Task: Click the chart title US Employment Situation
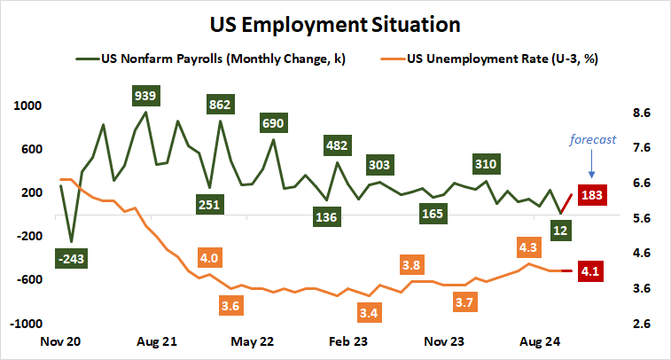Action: pos(335,22)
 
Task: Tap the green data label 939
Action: pos(145,94)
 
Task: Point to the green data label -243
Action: pos(72,258)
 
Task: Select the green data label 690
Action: pos(273,122)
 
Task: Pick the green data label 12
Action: pos(560,231)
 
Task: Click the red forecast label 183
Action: pos(590,194)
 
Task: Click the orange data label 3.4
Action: pos(371,312)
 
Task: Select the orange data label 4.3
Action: pos(528,247)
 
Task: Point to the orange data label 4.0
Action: pos(209,258)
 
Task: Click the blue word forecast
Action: pos(590,138)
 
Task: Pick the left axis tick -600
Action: pos(28,279)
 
